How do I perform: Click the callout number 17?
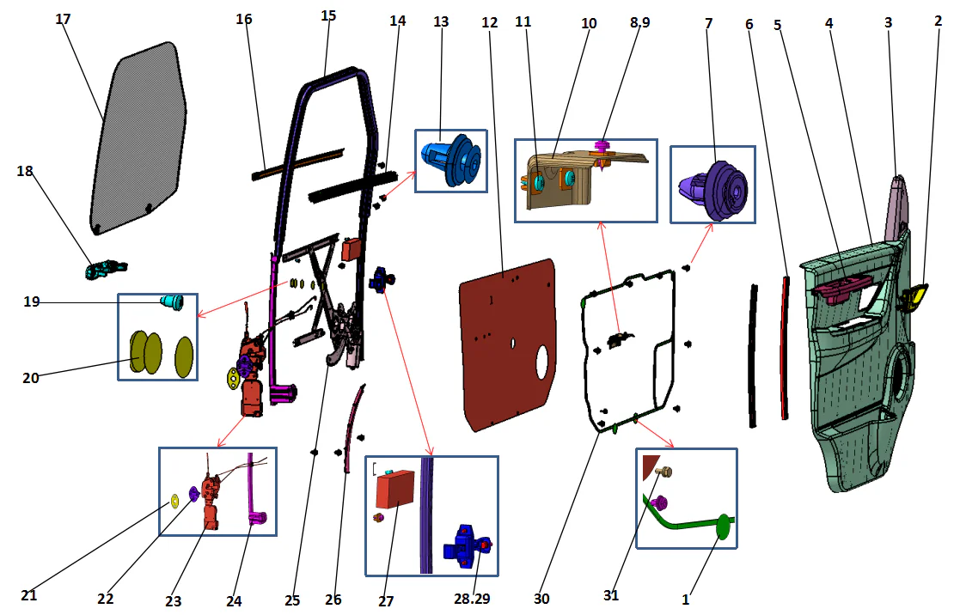tap(63, 19)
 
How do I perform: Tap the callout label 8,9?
tap(639, 23)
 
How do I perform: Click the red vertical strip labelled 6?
tap(786, 348)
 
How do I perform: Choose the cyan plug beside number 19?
tap(174, 301)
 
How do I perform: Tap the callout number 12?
tap(490, 22)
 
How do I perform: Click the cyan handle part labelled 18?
tap(105, 270)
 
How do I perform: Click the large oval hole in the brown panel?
tap(543, 363)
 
